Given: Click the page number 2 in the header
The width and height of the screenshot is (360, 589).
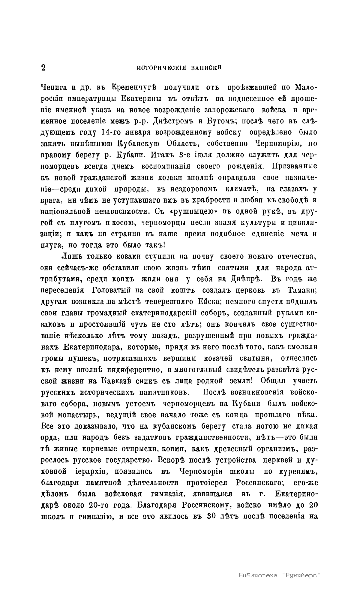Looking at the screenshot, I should point(43,68).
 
